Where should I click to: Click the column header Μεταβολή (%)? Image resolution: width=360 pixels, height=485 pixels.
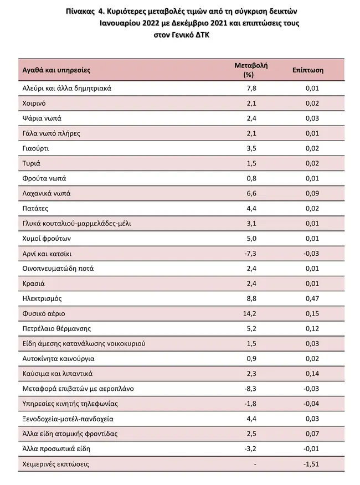251,70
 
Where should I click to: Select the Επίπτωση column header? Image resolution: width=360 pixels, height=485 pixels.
308,70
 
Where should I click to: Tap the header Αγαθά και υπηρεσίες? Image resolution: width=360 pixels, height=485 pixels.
56,70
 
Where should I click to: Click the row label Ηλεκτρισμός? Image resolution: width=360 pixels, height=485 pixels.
42,298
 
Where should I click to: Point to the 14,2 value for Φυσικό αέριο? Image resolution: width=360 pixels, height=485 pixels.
250,313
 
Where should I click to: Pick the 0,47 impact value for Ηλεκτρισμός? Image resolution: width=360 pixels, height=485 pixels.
312,298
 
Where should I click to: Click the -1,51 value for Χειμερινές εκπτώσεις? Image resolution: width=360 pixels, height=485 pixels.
311,464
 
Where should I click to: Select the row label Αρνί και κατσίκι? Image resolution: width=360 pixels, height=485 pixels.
47,254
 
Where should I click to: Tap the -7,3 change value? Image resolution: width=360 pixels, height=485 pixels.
250,254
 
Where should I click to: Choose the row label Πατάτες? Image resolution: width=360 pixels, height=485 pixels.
35,209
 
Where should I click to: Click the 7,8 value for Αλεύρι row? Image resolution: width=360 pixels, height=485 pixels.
251,88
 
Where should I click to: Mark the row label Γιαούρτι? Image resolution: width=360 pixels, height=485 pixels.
35,148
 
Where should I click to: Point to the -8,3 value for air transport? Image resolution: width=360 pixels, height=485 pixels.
250,389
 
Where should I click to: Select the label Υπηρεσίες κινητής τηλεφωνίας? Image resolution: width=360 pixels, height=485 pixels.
70,404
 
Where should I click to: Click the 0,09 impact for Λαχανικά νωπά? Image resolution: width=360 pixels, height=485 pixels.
312,193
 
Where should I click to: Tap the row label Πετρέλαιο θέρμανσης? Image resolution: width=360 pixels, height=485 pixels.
56,328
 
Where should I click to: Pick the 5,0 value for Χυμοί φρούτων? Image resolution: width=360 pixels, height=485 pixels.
251,239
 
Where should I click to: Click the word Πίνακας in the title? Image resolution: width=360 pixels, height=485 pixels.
80,12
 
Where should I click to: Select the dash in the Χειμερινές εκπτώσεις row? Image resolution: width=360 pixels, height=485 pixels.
255,465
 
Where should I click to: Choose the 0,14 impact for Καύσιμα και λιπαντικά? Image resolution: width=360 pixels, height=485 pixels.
312,374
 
